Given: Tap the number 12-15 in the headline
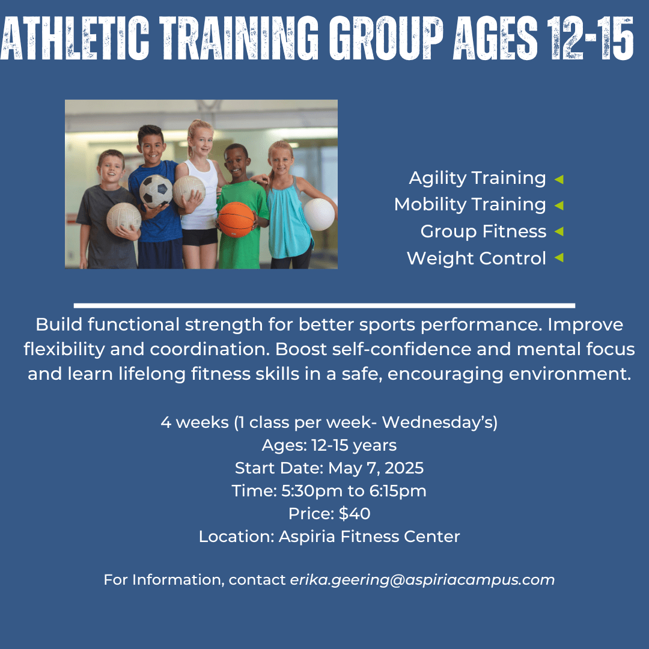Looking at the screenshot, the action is tap(591, 38).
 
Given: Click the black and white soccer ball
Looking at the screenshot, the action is tap(156, 190).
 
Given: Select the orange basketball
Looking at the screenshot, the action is tap(236, 219).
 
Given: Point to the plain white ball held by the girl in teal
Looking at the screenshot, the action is tap(318, 215).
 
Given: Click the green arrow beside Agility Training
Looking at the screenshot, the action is tap(559, 179).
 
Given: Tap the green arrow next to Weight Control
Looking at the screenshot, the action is tap(559, 257).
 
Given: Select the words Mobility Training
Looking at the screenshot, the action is tap(470, 204).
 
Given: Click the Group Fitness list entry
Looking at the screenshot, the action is tap(483, 231).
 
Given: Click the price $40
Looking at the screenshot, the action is tap(355, 513).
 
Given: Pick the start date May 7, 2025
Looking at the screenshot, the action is tap(376, 468).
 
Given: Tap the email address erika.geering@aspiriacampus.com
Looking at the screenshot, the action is tap(422, 580).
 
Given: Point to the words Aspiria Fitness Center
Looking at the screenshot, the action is tap(369, 537).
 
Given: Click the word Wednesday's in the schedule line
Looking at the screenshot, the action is tap(439, 422).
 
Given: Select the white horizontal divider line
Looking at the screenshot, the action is tap(324, 306).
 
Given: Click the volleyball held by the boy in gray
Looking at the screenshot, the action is tap(124, 219).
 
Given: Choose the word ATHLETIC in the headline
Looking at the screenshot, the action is tap(75, 38).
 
